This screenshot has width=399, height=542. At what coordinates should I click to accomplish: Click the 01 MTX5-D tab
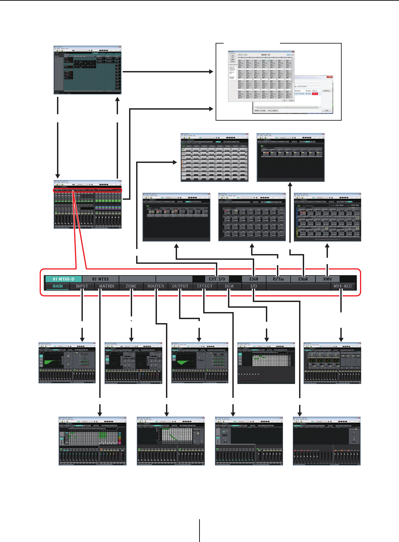pyautogui.click(x=64, y=279)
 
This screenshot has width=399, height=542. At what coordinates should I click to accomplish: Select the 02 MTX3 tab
pyautogui.click(x=101, y=279)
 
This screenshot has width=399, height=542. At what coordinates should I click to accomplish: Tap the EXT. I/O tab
pyautogui.click(x=217, y=279)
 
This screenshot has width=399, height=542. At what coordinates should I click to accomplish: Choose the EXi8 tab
pyautogui.click(x=254, y=279)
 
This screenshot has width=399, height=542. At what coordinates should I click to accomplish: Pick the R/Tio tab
pyautogui.click(x=278, y=279)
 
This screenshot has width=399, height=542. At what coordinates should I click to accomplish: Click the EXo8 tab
pyautogui.click(x=303, y=279)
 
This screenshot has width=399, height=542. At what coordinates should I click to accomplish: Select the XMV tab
pyautogui.click(x=327, y=279)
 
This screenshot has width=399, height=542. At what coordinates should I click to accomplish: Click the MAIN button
pyautogui.click(x=58, y=286)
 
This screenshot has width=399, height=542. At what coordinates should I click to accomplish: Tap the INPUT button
pyautogui.click(x=82, y=286)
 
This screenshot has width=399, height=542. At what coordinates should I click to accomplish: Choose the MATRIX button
pyautogui.click(x=107, y=286)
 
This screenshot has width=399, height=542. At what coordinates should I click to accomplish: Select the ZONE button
pyautogui.click(x=131, y=286)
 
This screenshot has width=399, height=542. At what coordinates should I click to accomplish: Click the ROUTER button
pyautogui.click(x=156, y=286)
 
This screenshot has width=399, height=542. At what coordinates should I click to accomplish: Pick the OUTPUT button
pyautogui.click(x=180, y=286)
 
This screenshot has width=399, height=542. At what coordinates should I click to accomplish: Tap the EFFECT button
pyautogui.click(x=205, y=286)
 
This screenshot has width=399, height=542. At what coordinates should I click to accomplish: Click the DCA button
pyautogui.click(x=229, y=286)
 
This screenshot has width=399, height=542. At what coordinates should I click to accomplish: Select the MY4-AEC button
pyautogui.click(x=343, y=286)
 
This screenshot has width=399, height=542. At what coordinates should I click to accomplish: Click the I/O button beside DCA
pyautogui.click(x=254, y=286)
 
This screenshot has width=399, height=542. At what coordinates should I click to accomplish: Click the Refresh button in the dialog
pyautogui.click(x=326, y=91)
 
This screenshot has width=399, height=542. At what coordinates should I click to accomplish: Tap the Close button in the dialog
pyautogui.click(x=326, y=110)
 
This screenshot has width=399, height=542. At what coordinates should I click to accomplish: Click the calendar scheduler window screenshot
pyautogui.click(x=261, y=77)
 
